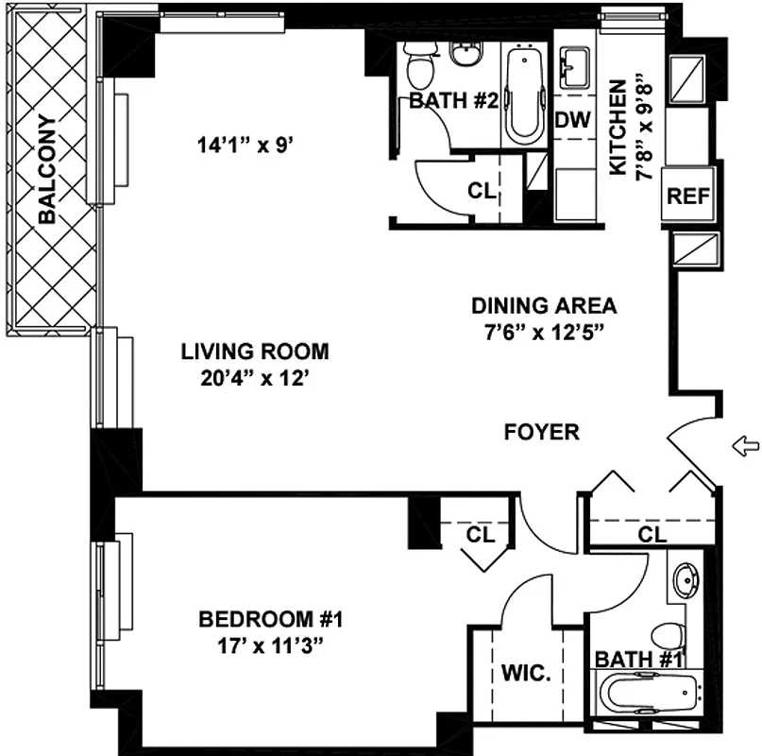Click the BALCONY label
click(47, 169)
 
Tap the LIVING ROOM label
click(255, 352)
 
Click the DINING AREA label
click(544, 305)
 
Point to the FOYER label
click(541, 432)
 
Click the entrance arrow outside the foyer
click(745, 443)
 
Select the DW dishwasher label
click(573, 120)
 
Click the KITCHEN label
click(618, 127)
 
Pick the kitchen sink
click(572, 67)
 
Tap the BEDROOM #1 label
click(269, 620)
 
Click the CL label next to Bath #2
click(482, 191)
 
